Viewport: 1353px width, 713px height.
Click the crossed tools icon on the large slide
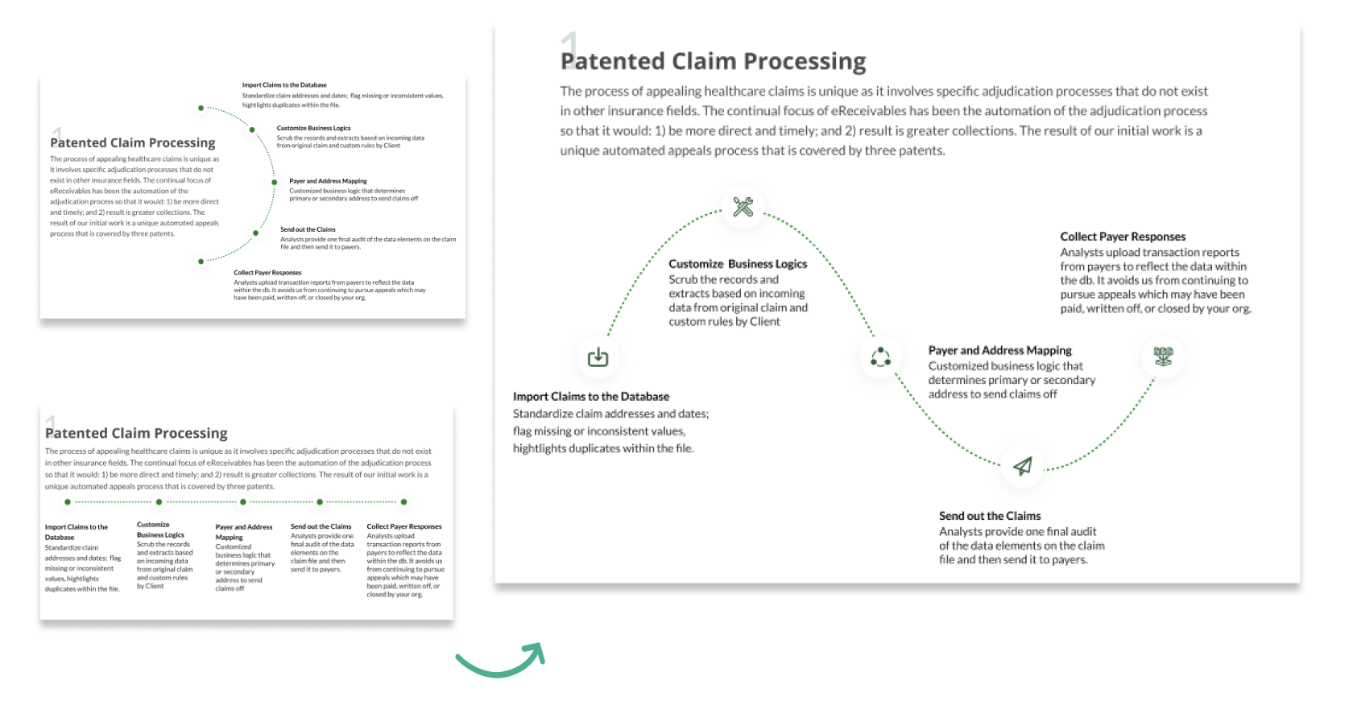tap(743, 207)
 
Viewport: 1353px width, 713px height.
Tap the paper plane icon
tap(1022, 466)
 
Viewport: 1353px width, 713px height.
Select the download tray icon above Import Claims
tap(598, 356)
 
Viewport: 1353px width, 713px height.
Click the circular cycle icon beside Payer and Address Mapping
tap(880, 356)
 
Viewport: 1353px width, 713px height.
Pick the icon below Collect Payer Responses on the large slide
tap(1163, 356)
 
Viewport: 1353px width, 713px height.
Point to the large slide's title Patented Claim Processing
tap(713, 61)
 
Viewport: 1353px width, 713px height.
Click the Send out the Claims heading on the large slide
tap(989, 516)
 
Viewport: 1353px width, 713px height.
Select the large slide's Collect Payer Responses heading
tap(1122, 237)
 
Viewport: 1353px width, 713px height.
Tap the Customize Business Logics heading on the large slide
tap(737, 264)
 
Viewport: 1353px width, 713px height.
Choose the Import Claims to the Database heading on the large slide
tap(590, 397)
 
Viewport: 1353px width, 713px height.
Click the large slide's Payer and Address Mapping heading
tap(999, 350)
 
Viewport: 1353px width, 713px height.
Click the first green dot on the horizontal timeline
tap(68, 502)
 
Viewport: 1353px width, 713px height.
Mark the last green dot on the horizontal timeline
tap(403, 502)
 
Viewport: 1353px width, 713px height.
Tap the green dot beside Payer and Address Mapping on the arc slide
tap(275, 183)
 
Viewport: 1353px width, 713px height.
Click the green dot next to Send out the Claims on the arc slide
tap(256, 233)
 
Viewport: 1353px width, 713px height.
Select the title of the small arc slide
tap(133, 142)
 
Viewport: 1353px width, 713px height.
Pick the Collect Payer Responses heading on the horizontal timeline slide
tap(403, 526)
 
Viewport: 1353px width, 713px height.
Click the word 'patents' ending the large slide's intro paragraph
tap(923, 150)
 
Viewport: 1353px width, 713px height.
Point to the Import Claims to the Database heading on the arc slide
tap(284, 84)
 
